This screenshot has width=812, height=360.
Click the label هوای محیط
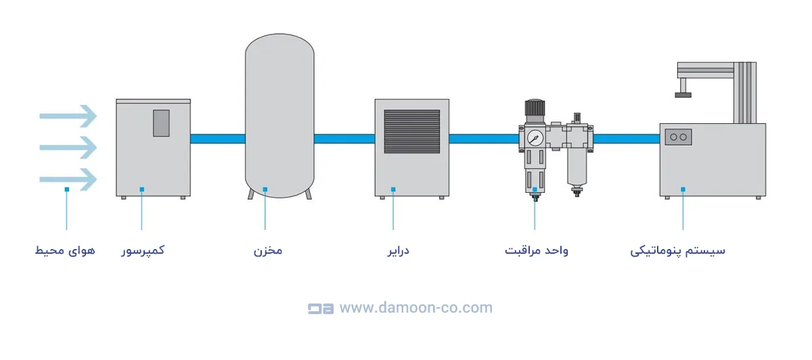[x=65, y=250]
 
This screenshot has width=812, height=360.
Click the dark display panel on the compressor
[x=161, y=123]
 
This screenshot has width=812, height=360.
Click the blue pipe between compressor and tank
[x=217, y=139]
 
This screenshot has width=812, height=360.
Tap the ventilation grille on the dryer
[x=412, y=131]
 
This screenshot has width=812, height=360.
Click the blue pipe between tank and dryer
[x=344, y=139]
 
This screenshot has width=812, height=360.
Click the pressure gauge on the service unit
[x=535, y=137]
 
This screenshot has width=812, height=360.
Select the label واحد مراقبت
[x=537, y=250]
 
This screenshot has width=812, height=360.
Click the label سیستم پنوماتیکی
[x=677, y=250]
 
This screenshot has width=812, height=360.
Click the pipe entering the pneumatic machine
[x=626, y=139]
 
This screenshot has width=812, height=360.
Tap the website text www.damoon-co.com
[x=415, y=308]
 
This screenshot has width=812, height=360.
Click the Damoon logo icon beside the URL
[x=321, y=309]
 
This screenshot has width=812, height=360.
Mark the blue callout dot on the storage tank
[x=265, y=189]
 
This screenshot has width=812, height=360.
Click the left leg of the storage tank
[x=250, y=194]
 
